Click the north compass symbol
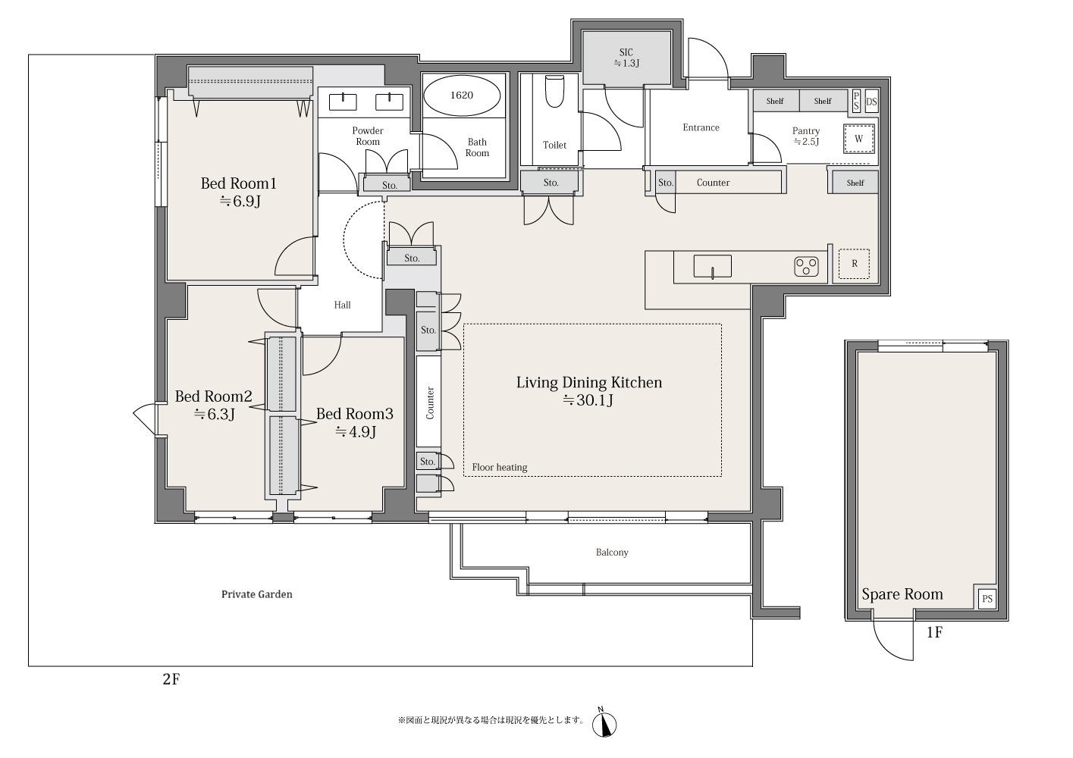[x=604, y=724]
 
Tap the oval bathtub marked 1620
[x=462, y=96]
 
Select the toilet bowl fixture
[x=555, y=92]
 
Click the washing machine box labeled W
[x=859, y=139]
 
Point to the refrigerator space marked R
[x=854, y=264]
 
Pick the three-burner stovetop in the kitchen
[x=806, y=267]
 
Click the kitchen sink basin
[x=712, y=266]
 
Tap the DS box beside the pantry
[x=871, y=102]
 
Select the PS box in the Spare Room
[x=987, y=599]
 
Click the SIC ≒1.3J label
[x=626, y=58]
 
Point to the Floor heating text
[x=500, y=468]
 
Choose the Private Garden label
[x=257, y=594]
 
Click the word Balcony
[x=612, y=552]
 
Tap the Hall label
[x=342, y=305]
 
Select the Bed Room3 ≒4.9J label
[x=354, y=423]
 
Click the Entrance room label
[x=701, y=127]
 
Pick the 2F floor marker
[x=171, y=679]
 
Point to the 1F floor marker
[x=934, y=632]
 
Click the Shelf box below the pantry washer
[x=855, y=183]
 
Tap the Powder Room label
[x=368, y=136]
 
